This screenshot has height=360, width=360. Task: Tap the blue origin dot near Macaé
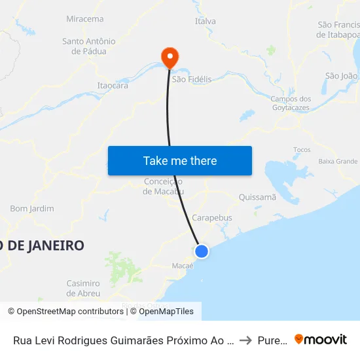coord(202,251)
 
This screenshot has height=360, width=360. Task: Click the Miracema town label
coord(84,19)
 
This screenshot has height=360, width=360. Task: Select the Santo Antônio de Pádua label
coord(88,46)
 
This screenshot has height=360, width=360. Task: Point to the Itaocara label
coord(112,85)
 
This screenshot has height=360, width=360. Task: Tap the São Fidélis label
coord(191,79)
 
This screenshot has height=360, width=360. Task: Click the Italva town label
coord(205,22)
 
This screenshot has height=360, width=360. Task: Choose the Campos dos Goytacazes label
coord(291,103)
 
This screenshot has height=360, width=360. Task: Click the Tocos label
coord(302,150)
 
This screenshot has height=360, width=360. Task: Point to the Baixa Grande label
coord(338,161)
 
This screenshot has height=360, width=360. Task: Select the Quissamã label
coord(258,197)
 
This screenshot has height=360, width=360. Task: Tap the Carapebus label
coord(212,217)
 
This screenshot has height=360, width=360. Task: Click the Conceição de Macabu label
coord(163,187)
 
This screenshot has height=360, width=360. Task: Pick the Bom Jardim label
coord(32,209)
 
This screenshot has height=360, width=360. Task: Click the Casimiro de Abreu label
coord(83,289)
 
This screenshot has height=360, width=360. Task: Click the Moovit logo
coord(321,339)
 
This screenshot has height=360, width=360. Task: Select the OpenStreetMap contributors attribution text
coord(65,312)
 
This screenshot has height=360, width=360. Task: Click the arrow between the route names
coord(245,340)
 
